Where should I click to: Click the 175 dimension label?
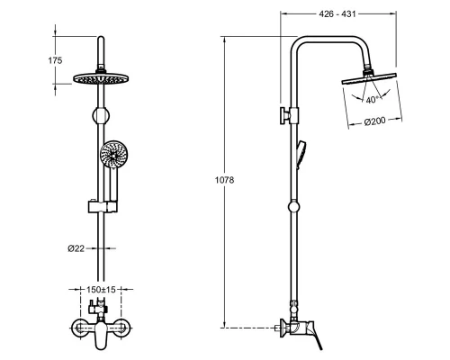click(x=55, y=60)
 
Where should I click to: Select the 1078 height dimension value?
click(x=224, y=180)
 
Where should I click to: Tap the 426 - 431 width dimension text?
click(x=337, y=13)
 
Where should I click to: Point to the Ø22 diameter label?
click(x=76, y=248)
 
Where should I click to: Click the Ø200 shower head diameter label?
click(x=374, y=121)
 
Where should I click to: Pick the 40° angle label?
click(x=372, y=100)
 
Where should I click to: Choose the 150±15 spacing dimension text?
click(x=101, y=290)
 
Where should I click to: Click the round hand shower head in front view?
click(x=113, y=155)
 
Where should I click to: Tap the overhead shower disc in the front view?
click(x=101, y=79)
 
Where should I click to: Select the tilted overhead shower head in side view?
click(x=369, y=78)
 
